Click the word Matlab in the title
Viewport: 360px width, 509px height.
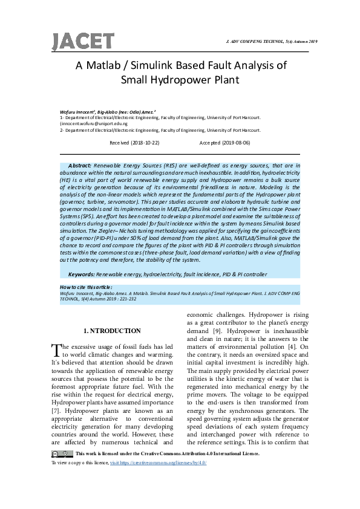pyautogui.click(x=104, y=66)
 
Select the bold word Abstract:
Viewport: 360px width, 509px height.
pyautogui.click(x=80, y=164)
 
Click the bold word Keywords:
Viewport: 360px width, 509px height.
pyautogui.click(x=82, y=274)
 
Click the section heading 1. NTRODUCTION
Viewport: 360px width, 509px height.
pyautogui.click(x=111, y=331)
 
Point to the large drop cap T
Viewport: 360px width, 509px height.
pyautogui.click(x=56, y=350)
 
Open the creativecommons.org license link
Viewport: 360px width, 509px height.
pyautogui.click(x=179, y=462)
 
